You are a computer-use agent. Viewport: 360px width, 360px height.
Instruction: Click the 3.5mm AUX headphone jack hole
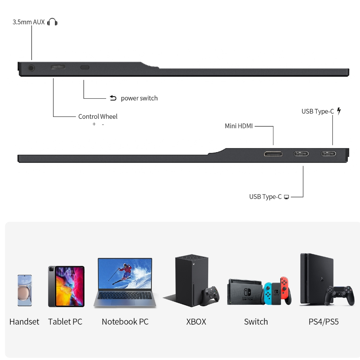click(32, 68)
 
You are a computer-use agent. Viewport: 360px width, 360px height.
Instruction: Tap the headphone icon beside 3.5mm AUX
click(53, 22)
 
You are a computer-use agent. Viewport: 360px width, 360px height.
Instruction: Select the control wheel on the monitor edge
click(58, 67)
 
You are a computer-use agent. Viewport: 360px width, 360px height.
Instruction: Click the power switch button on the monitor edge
click(85, 67)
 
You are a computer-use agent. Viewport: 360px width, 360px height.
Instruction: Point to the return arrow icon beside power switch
click(113, 98)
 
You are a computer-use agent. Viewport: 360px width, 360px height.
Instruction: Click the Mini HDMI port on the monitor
click(273, 153)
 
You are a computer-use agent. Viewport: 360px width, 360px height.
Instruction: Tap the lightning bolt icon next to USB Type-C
click(339, 111)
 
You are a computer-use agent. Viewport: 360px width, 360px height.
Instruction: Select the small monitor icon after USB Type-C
click(287, 197)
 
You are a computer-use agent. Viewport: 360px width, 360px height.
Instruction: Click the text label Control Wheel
click(98, 116)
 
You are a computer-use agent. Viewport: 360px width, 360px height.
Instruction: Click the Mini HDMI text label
click(239, 126)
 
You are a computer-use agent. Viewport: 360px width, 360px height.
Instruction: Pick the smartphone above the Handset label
click(24, 290)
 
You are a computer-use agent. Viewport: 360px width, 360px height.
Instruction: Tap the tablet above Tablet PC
click(66, 286)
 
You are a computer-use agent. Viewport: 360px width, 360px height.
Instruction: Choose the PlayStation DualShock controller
click(339, 294)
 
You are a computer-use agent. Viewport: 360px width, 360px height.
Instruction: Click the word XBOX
click(196, 322)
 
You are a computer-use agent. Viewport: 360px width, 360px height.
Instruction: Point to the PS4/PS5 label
click(324, 322)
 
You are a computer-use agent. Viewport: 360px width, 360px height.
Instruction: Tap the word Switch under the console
click(256, 322)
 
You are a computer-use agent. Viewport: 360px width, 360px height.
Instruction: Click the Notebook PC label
click(125, 322)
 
